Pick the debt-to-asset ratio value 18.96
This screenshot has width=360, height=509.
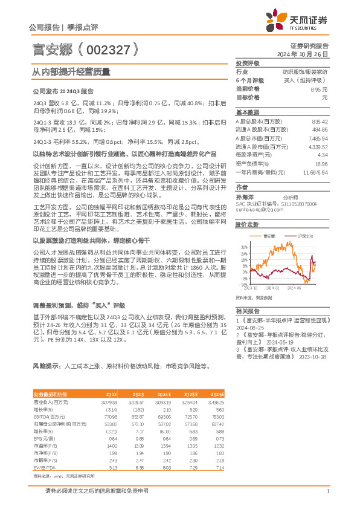tap(321, 163)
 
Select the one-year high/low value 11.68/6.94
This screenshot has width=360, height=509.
tap(315, 172)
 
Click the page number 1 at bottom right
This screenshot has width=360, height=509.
tap(327, 491)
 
